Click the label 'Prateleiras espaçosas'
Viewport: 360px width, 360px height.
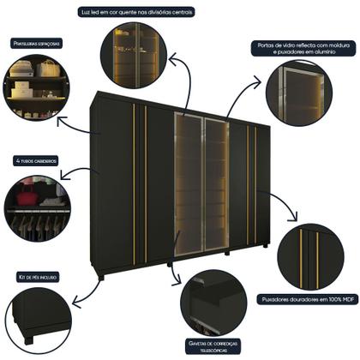coord(35,42)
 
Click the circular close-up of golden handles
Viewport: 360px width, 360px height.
coord(311,256)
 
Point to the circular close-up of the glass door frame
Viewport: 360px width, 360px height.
coord(298,93)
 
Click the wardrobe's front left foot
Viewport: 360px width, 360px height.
coord(101,276)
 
